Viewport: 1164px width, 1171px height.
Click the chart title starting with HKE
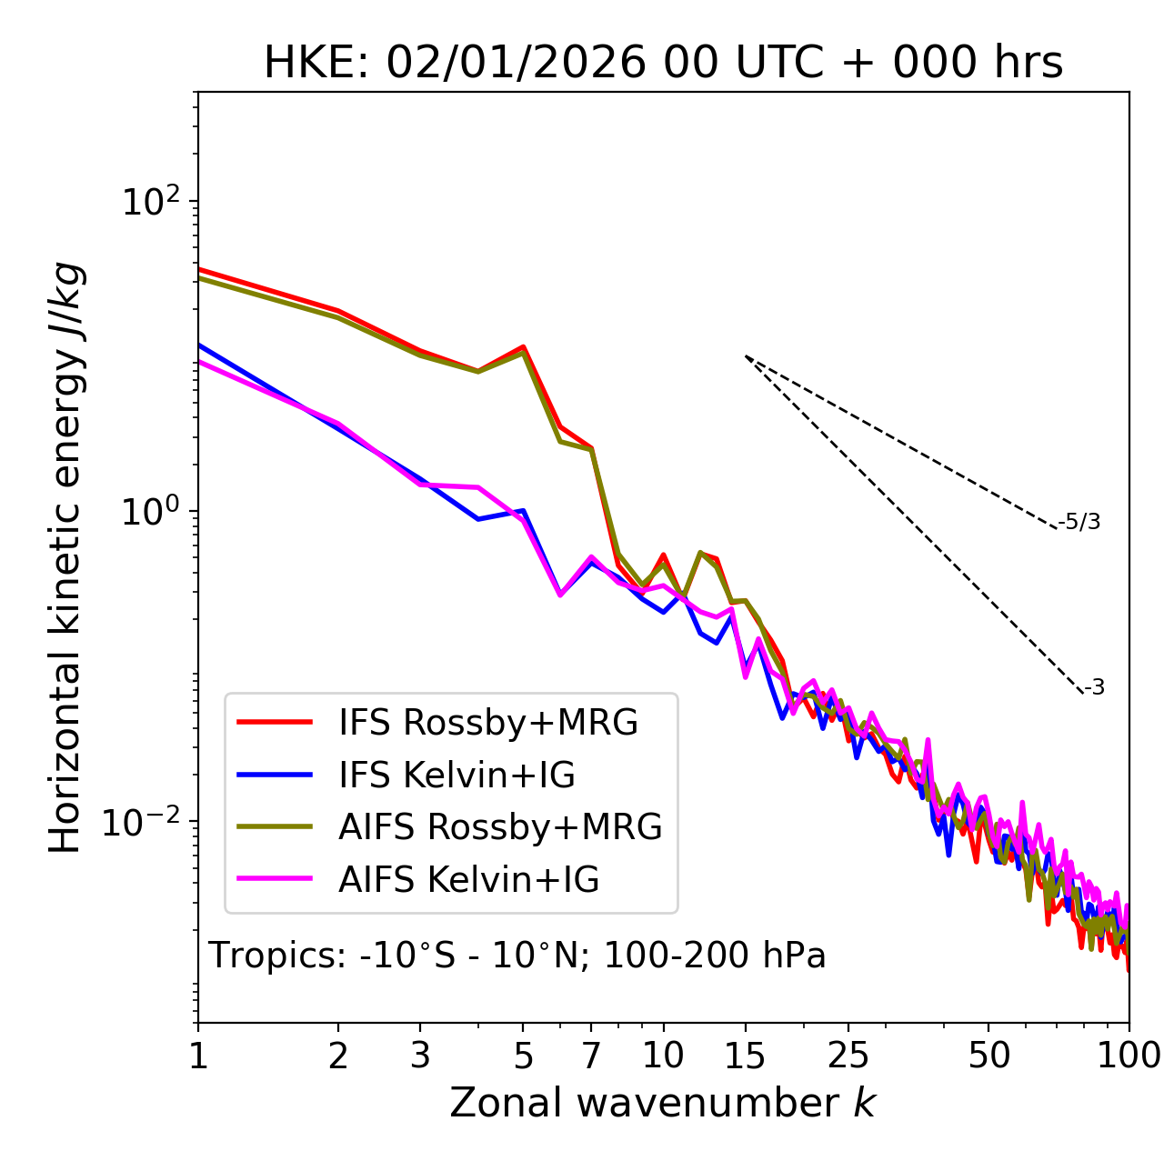click(663, 64)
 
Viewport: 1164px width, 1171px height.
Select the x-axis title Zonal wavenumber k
click(662, 1102)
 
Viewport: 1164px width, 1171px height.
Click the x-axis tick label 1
click(198, 1056)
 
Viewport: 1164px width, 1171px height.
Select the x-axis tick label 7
click(591, 1056)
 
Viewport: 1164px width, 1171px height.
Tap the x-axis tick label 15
click(745, 1056)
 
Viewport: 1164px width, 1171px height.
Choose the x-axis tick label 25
click(848, 1056)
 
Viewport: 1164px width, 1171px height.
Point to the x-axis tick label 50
click(988, 1056)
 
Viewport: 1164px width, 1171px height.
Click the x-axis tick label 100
click(1129, 1056)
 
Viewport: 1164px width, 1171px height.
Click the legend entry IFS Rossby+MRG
click(488, 723)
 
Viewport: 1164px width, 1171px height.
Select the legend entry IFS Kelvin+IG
click(457, 775)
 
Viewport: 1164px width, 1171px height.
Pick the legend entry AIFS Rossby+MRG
click(500, 827)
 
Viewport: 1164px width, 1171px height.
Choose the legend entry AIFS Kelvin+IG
click(468, 879)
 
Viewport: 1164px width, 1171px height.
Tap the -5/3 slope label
click(1079, 522)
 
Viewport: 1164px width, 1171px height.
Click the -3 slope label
click(1094, 688)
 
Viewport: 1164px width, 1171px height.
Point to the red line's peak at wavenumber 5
click(524, 346)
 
